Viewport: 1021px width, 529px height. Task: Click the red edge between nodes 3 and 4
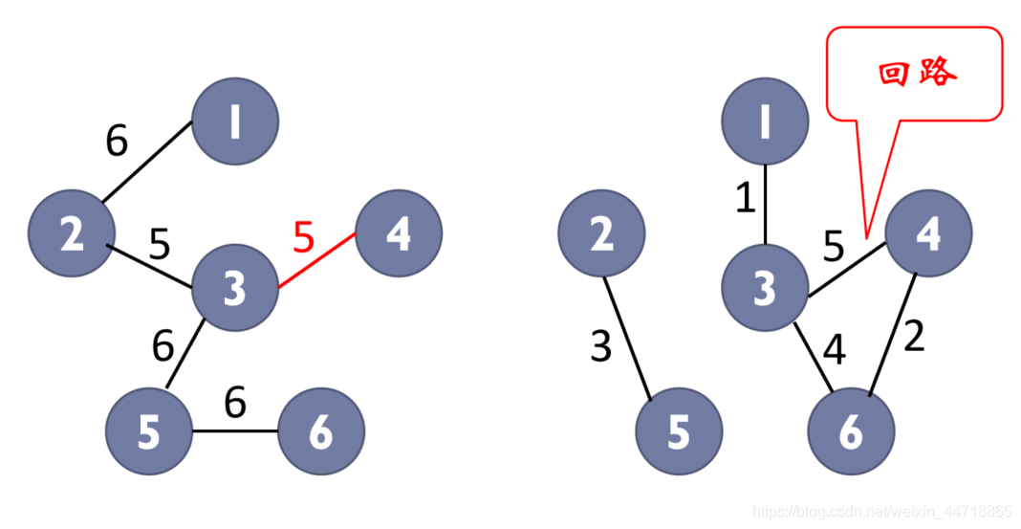pyautogui.click(x=317, y=260)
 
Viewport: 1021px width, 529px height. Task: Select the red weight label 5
pyautogui.click(x=303, y=237)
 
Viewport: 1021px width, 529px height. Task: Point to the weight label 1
pyautogui.click(x=745, y=198)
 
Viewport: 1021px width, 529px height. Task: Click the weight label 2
pyautogui.click(x=914, y=337)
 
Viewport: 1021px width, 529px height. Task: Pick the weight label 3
pyautogui.click(x=600, y=347)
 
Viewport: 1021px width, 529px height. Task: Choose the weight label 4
pyautogui.click(x=834, y=349)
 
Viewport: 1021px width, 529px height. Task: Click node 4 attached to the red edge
pyautogui.click(x=399, y=232)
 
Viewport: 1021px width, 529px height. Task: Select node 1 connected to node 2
pyautogui.click(x=235, y=121)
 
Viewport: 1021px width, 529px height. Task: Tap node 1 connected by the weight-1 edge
pyautogui.click(x=765, y=121)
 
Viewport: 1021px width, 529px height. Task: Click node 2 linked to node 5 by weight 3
pyautogui.click(x=601, y=233)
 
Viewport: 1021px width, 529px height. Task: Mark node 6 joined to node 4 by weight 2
pyautogui.click(x=851, y=432)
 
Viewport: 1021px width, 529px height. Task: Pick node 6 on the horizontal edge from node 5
pyautogui.click(x=321, y=431)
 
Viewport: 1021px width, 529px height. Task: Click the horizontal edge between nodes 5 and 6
pyautogui.click(x=235, y=430)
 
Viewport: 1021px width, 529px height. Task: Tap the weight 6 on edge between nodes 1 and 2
pyautogui.click(x=117, y=142)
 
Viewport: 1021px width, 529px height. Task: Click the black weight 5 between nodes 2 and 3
pyautogui.click(x=160, y=245)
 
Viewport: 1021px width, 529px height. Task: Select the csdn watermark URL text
pyautogui.click(x=881, y=512)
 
